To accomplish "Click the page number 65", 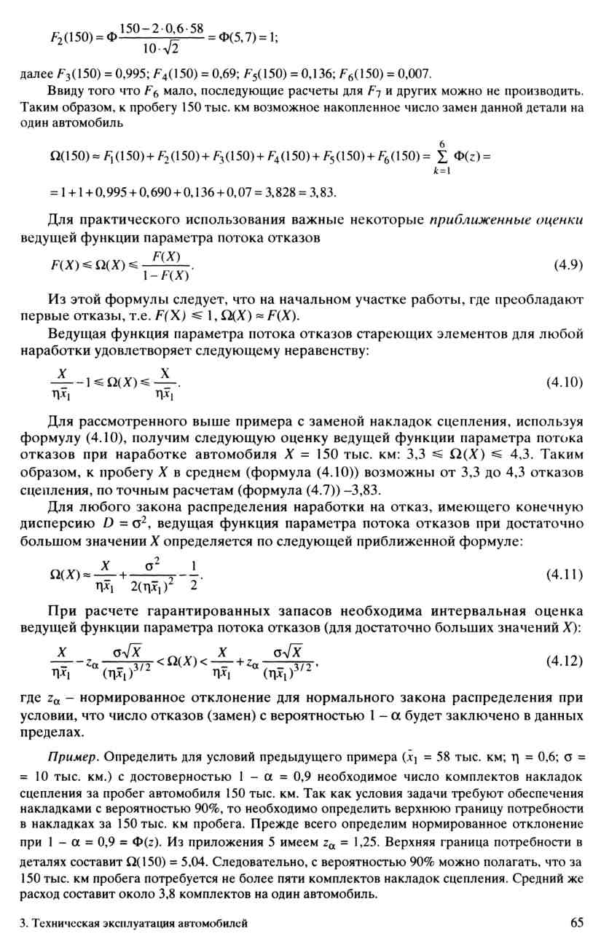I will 577,923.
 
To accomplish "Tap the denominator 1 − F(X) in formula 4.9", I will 169,275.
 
